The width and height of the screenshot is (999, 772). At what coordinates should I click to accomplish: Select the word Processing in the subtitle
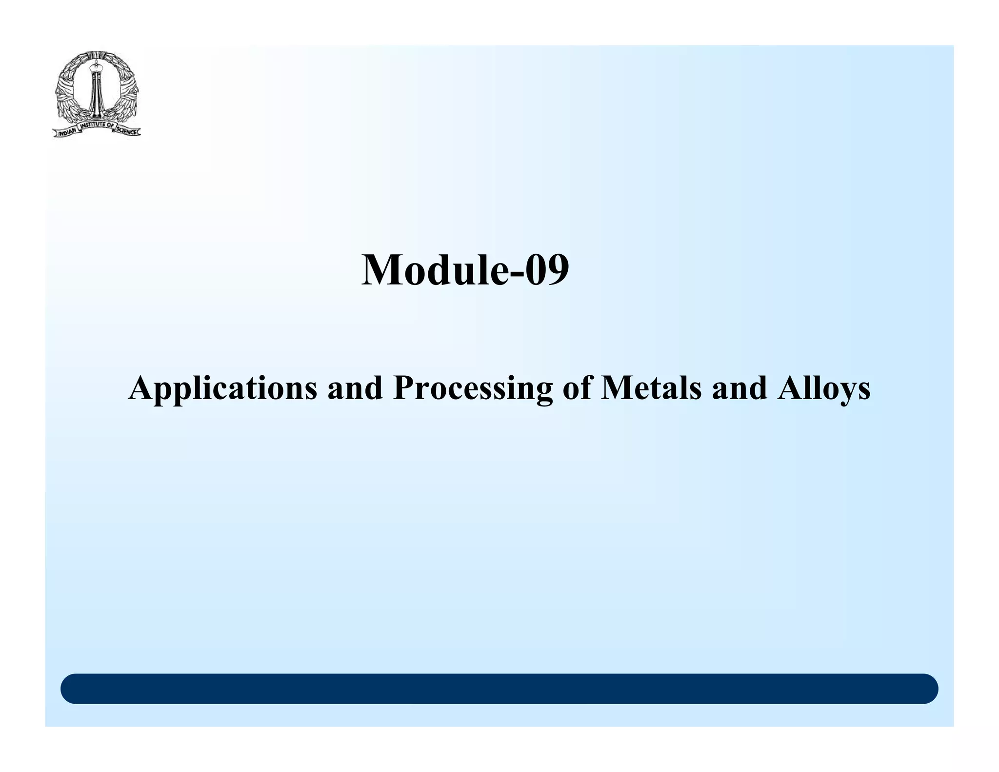coord(473,389)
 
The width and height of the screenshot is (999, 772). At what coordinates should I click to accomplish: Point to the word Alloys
coord(824,389)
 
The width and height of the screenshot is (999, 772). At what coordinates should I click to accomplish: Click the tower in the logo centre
coord(96,93)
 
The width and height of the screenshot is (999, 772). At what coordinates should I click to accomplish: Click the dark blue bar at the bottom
coord(499,689)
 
